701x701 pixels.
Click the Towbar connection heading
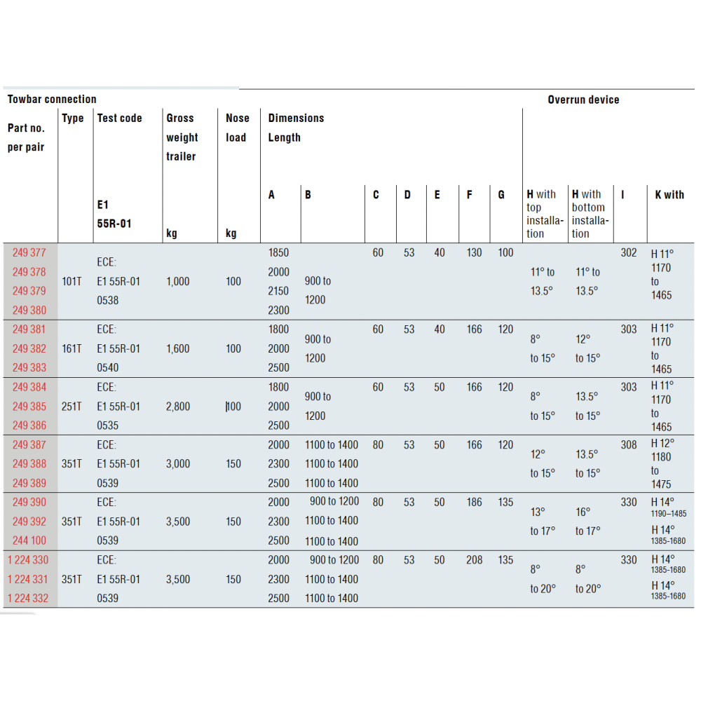tap(52, 100)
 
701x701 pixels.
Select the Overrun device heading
tap(583, 100)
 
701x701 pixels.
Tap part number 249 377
tap(29, 253)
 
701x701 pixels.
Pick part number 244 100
tap(29, 540)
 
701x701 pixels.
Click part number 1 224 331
tap(29, 579)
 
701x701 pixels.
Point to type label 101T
tap(72, 282)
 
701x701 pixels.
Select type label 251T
tap(72, 406)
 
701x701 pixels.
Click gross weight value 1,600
tap(178, 348)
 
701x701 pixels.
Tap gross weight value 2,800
tap(178, 406)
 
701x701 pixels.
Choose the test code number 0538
tap(108, 301)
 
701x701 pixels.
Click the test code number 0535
tap(108, 426)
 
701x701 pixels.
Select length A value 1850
tap(278, 253)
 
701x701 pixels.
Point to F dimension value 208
tap(475, 560)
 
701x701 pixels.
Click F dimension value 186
tap(475, 502)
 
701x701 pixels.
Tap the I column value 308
tap(629, 444)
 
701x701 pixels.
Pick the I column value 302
tap(629, 253)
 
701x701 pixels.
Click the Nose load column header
tap(237, 128)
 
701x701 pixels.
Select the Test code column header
tap(119, 118)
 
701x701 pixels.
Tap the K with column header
tap(669, 195)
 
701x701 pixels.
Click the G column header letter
tap(501, 195)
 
